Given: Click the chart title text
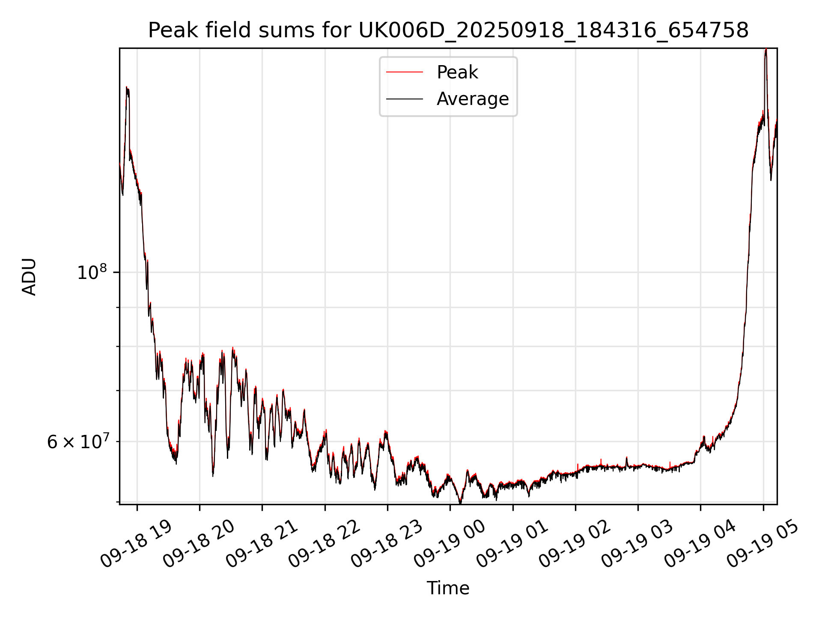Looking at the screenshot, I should tap(448, 30).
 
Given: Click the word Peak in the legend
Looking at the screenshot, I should tap(457, 72).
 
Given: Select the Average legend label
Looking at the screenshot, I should tap(473, 99).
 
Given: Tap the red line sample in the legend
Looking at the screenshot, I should tap(404, 72).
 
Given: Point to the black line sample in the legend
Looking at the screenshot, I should tap(404, 99).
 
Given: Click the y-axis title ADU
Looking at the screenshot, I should tap(30, 276).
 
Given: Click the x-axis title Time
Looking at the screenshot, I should tap(448, 588).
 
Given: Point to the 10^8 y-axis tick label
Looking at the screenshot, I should tap(92, 273).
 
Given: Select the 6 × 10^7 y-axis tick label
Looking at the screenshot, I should tap(78, 442).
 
